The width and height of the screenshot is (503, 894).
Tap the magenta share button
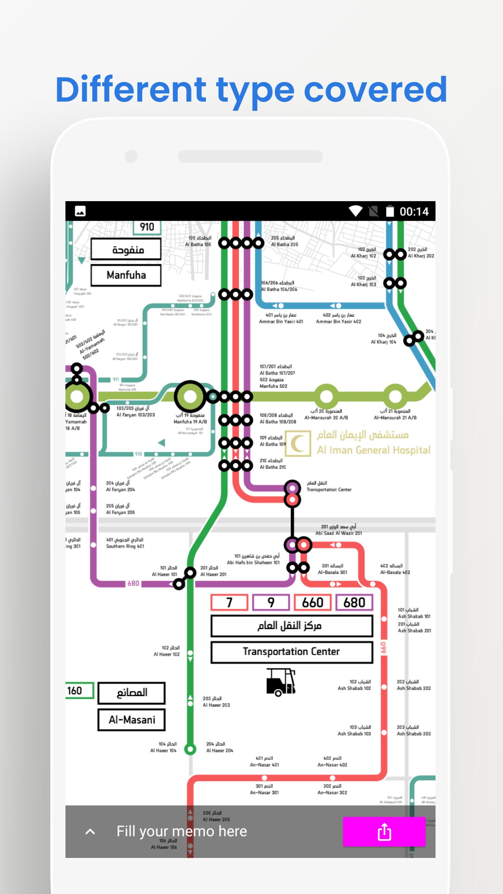click(x=384, y=831)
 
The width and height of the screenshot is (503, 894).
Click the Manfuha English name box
click(x=126, y=275)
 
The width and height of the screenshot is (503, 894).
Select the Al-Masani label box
click(x=131, y=720)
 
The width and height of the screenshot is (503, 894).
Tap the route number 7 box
click(x=229, y=602)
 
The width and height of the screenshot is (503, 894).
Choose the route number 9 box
click(x=271, y=602)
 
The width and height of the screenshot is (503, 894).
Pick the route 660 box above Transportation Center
click(x=312, y=602)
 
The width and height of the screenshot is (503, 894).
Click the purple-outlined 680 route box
click(x=354, y=602)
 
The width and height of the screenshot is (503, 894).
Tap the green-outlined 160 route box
click(x=79, y=690)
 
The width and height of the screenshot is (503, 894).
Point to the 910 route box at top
click(x=147, y=227)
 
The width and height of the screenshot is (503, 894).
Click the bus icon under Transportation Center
click(x=280, y=682)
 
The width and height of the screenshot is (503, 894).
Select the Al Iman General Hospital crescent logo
click(x=298, y=444)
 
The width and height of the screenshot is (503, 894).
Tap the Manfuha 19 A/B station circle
click(x=190, y=396)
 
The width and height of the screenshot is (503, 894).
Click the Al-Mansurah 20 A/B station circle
click(x=326, y=396)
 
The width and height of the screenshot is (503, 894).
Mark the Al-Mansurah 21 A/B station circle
click(x=395, y=396)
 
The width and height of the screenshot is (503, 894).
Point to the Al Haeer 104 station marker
click(x=190, y=749)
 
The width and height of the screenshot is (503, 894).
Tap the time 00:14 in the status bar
click(x=414, y=211)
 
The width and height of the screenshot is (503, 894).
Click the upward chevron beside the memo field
click(x=90, y=831)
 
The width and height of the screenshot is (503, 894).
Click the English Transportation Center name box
click(x=292, y=652)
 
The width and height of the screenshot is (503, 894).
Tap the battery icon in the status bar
click(x=390, y=211)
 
